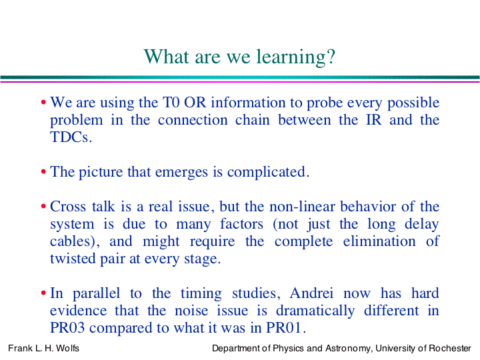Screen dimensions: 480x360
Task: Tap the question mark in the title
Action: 331,56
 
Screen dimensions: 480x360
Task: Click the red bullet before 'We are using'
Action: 43,102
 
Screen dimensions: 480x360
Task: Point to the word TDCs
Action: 71,137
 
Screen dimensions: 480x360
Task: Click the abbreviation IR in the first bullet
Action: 374,120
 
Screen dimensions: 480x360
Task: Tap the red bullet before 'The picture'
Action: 43,172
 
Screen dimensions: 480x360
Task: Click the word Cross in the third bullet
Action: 67,206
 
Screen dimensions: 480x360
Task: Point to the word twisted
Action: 73,259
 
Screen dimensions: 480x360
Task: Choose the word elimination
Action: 379,241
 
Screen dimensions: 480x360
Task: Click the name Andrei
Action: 311,293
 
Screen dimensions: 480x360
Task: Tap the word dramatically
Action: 315,311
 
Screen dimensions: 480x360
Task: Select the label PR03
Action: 67,328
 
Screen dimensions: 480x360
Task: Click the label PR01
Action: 285,328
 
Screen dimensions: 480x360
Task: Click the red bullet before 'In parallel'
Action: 43,293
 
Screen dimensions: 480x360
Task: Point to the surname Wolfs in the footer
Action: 67,349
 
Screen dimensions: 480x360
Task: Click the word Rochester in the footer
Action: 450,349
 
